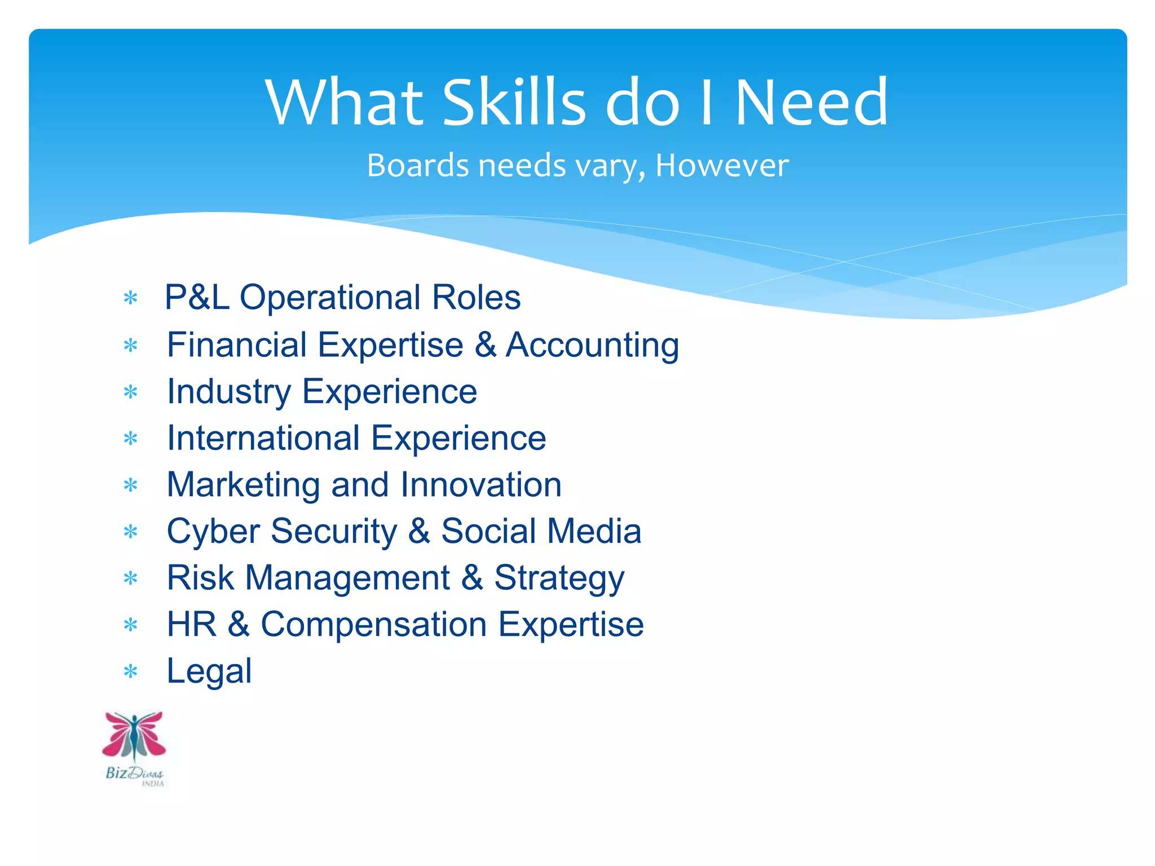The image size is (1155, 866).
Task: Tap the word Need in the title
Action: pos(812,102)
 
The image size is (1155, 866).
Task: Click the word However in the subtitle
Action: pos(722,166)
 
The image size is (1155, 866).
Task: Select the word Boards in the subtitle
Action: pos(418,166)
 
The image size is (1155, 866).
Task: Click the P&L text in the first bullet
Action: pos(197,297)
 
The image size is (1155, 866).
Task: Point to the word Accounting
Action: pos(592,344)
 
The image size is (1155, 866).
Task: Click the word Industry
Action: pos(229,392)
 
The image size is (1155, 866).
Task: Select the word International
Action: pos(263,438)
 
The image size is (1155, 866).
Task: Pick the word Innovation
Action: pos(481,485)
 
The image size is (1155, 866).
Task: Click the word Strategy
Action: pos(559,578)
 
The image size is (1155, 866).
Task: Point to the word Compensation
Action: pos(373,625)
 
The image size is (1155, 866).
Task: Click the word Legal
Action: pos(209,671)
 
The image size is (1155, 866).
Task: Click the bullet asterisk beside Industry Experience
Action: pos(131,392)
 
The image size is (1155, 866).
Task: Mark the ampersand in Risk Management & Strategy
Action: pos(472,578)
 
